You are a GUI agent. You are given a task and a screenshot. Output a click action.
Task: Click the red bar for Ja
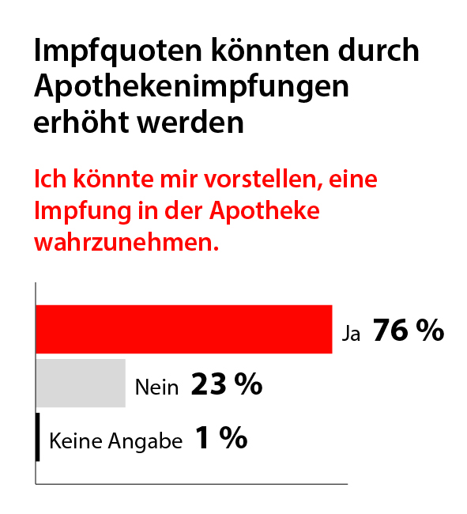pos(183,329)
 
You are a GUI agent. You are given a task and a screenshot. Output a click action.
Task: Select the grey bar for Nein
pos(81,384)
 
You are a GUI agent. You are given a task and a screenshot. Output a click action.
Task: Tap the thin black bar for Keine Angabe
pos(38,437)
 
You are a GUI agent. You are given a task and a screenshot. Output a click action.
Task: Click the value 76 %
pos(408,331)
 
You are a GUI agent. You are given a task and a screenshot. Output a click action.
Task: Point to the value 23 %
pos(226,385)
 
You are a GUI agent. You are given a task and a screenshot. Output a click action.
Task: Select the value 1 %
pos(220,438)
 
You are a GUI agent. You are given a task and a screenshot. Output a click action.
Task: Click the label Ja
pos(351,334)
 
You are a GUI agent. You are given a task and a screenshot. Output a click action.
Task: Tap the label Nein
pos(157,387)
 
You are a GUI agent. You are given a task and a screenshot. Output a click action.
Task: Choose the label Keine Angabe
pos(116,440)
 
